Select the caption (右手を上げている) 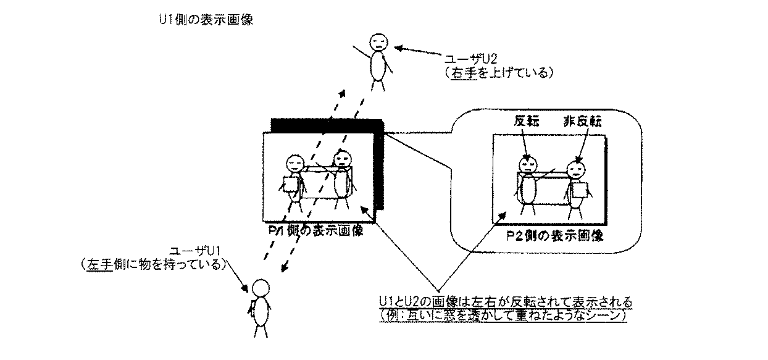tap(496, 73)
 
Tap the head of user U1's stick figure tap(260, 288)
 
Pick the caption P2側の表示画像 tap(554, 236)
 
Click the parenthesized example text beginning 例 tap(503, 315)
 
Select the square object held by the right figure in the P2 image tap(578, 190)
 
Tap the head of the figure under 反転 tap(527, 165)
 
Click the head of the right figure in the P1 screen tap(341, 160)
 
